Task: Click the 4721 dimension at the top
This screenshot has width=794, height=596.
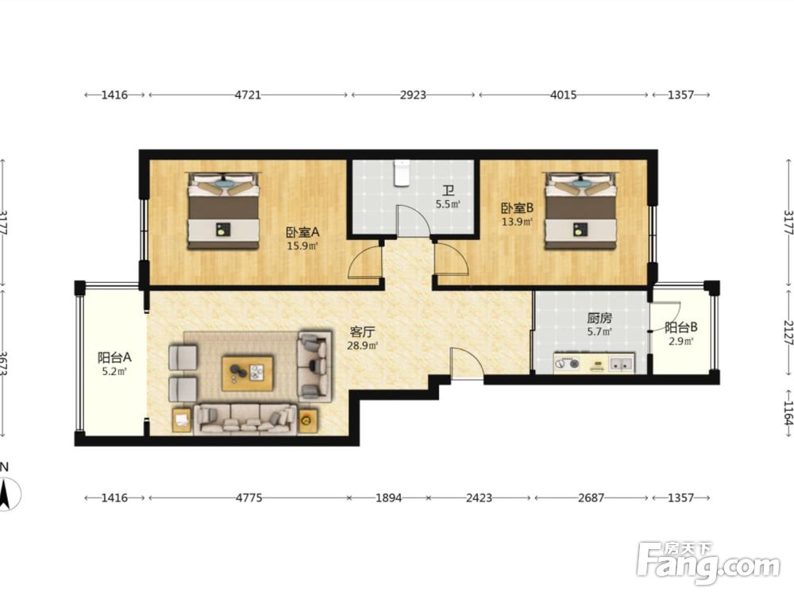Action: click(248, 95)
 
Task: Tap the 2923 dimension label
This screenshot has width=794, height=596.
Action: click(413, 95)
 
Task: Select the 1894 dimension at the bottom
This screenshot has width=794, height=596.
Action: click(388, 497)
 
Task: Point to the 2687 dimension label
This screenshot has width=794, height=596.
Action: click(591, 497)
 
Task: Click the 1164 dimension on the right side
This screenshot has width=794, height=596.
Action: click(788, 413)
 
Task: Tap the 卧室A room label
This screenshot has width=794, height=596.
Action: click(303, 232)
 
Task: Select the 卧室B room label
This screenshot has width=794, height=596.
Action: click(517, 207)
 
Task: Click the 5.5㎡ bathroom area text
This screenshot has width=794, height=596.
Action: click(448, 205)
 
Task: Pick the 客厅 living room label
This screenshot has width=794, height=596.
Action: click(362, 332)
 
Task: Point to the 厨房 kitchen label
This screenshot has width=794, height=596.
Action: click(599, 319)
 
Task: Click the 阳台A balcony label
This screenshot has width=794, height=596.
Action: click(114, 358)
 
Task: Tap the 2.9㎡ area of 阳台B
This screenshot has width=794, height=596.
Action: click(681, 341)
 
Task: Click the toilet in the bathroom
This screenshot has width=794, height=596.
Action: click(402, 172)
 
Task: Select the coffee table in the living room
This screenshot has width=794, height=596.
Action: click(248, 373)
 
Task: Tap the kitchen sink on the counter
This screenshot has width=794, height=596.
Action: click(622, 363)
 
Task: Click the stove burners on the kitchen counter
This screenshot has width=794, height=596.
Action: click(568, 363)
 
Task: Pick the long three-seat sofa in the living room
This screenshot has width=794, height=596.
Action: click(245, 419)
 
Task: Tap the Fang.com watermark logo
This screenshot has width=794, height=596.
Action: click(708, 563)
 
